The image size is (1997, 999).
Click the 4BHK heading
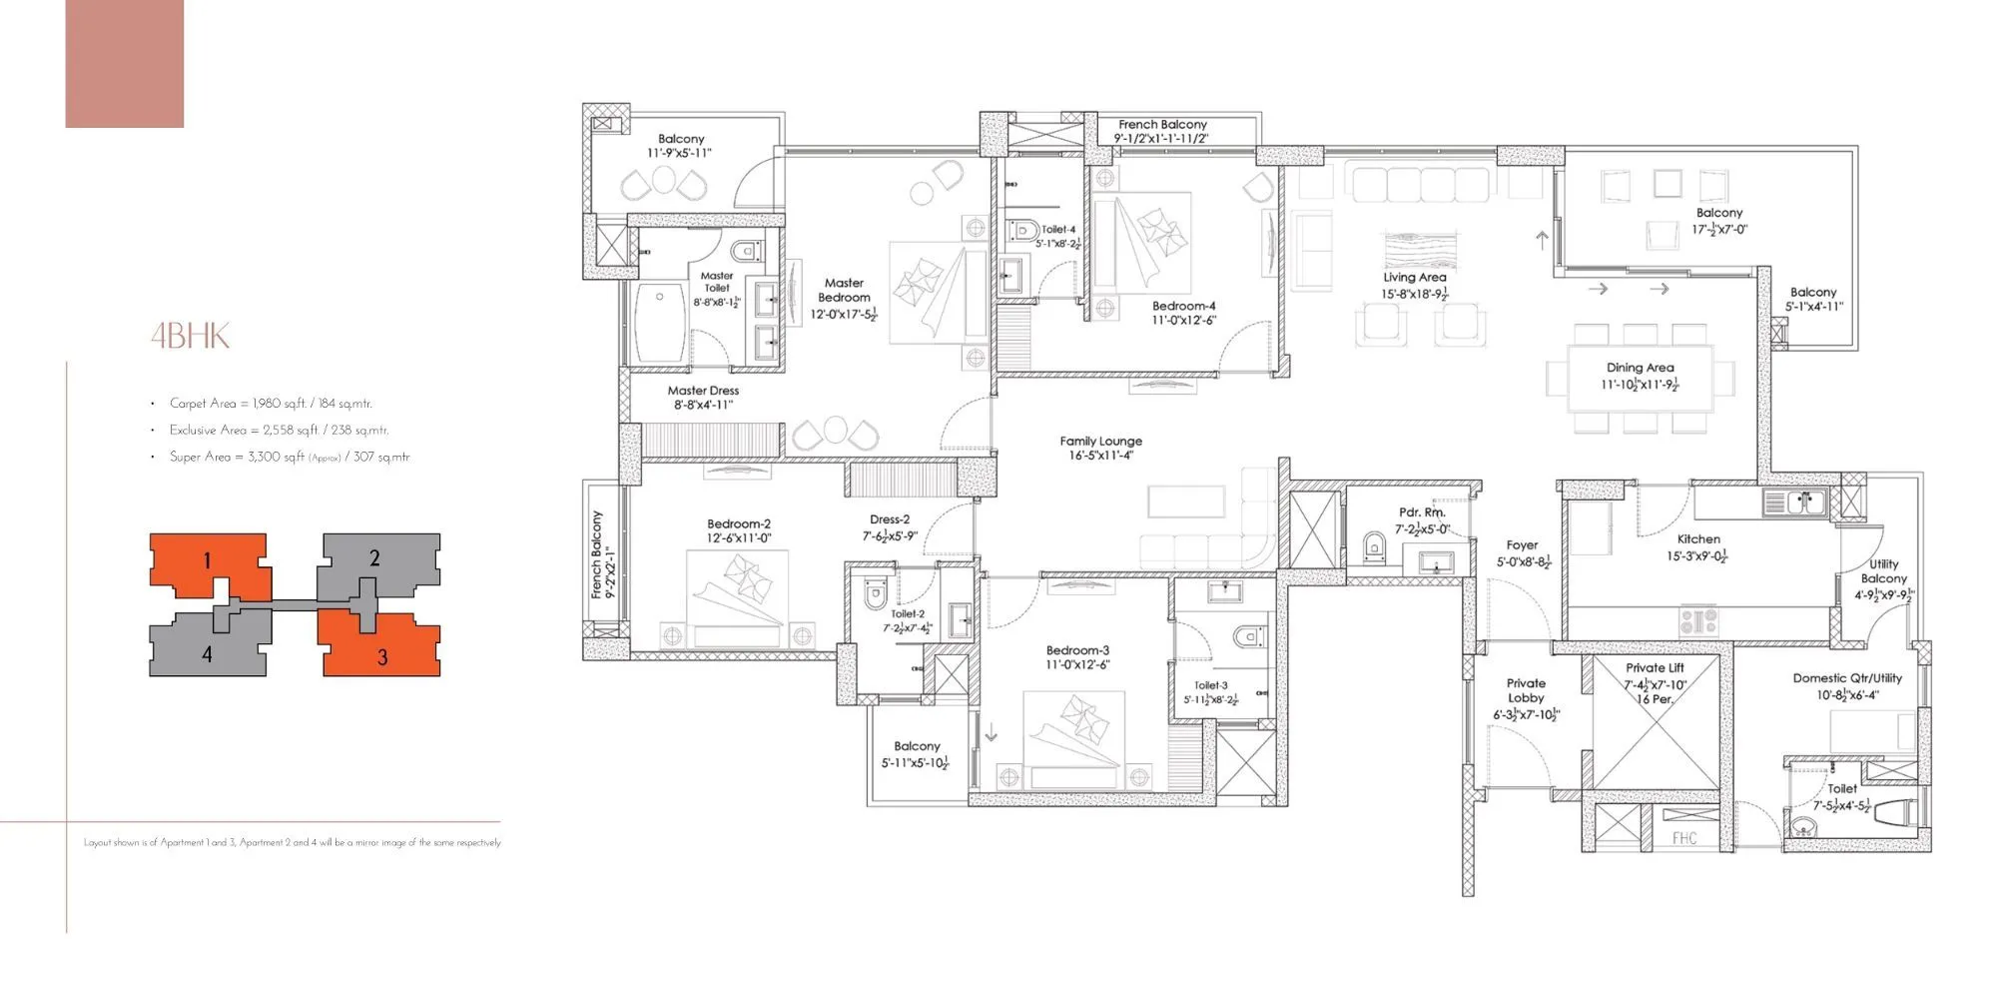click(190, 336)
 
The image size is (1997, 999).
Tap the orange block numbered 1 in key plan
click(208, 561)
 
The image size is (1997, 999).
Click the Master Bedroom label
click(844, 291)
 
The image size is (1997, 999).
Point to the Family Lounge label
click(1100, 441)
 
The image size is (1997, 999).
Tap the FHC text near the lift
click(1683, 838)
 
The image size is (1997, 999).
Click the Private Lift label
click(1655, 668)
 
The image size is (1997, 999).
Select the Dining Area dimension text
click(1640, 385)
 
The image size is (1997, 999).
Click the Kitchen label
click(1698, 538)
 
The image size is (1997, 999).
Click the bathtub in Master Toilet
click(659, 324)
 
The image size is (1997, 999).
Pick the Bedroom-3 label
click(1077, 650)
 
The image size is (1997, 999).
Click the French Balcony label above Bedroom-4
click(1162, 125)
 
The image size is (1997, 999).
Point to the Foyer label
click(1522, 545)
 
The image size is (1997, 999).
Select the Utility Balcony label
click(1883, 571)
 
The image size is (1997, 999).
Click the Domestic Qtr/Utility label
click(1847, 678)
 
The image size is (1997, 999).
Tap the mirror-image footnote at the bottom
click(293, 843)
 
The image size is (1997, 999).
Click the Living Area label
click(1414, 278)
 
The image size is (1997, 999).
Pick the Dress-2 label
click(889, 519)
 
